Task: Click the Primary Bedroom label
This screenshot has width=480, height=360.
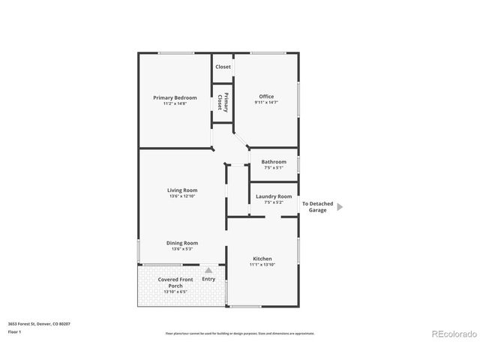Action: tap(175, 97)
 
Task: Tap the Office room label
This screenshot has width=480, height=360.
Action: tap(266, 96)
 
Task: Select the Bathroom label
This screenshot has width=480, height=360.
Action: tap(273, 162)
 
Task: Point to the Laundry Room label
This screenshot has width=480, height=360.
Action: tap(273, 196)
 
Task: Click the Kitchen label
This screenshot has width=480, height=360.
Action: tap(262, 259)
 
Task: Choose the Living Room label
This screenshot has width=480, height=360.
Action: tap(181, 190)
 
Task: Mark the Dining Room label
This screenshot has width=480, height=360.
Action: tap(181, 243)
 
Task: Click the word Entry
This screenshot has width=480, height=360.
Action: tap(208, 279)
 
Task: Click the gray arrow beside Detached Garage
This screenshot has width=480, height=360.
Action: tap(340, 206)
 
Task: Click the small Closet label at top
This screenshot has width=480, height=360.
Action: tap(223, 67)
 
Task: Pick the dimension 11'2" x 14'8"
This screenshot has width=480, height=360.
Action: tap(175, 103)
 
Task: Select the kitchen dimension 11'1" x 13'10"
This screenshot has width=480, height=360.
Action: tap(262, 265)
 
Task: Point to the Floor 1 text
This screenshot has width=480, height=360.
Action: tap(14, 331)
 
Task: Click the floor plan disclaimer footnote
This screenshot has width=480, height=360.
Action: tap(240, 333)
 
